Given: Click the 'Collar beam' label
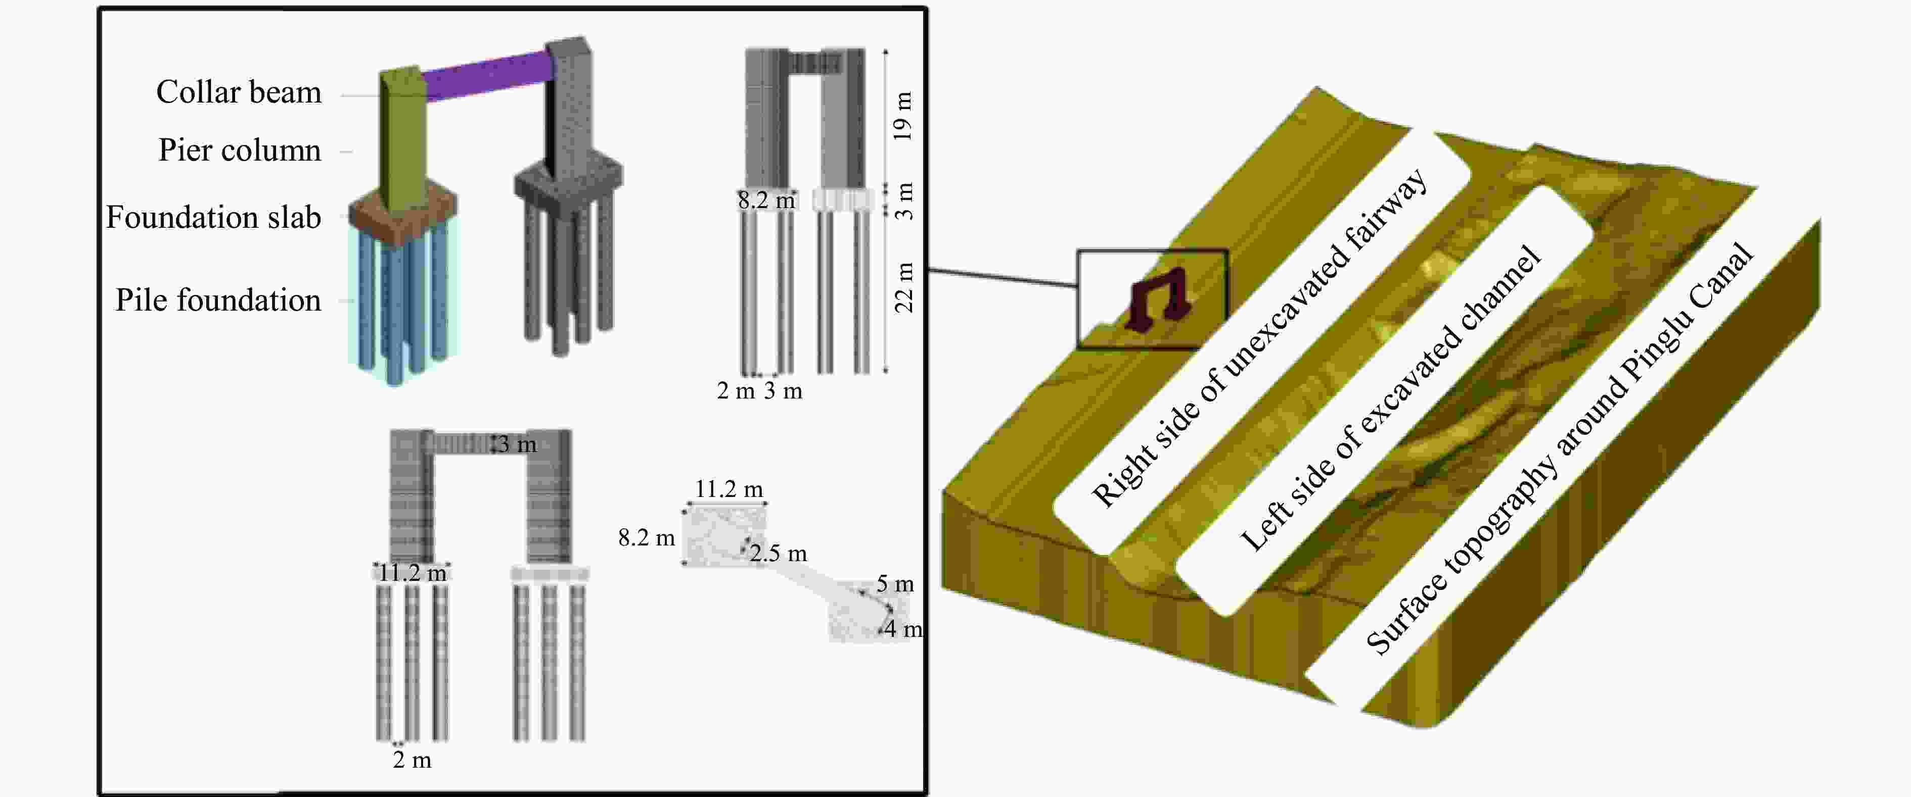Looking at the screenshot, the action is pos(239,92).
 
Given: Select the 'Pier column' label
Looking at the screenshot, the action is pos(240,151).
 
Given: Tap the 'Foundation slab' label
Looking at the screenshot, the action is pos(214,217).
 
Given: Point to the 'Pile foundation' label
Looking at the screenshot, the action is pos(218,301).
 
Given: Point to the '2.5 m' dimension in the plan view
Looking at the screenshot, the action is pos(778,553).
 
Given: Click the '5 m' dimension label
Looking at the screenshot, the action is pos(895,584).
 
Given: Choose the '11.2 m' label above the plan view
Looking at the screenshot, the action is pos(729,489).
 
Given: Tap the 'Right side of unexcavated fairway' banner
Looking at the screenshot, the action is pos(1261,341).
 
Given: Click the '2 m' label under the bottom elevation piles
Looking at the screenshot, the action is pos(412,760).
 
